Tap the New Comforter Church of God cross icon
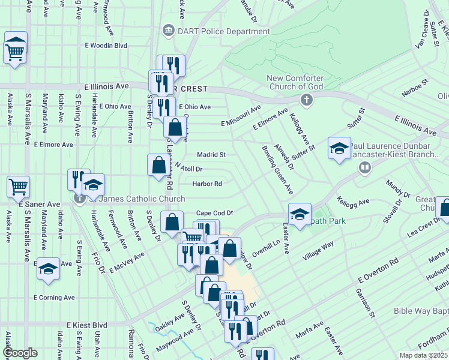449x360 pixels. click(x=306, y=99)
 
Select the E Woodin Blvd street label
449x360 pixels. click(x=106, y=45)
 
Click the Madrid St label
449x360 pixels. click(x=211, y=154)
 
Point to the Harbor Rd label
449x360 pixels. click(x=207, y=184)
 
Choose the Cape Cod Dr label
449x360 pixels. click(x=214, y=213)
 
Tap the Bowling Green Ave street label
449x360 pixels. click(x=277, y=170)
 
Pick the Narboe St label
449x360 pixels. click(x=415, y=88)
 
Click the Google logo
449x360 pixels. click(x=20, y=352)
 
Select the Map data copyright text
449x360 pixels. click(x=423, y=355)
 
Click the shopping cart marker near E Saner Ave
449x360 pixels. click(x=18, y=187)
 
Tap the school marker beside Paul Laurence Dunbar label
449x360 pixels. click(x=339, y=148)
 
